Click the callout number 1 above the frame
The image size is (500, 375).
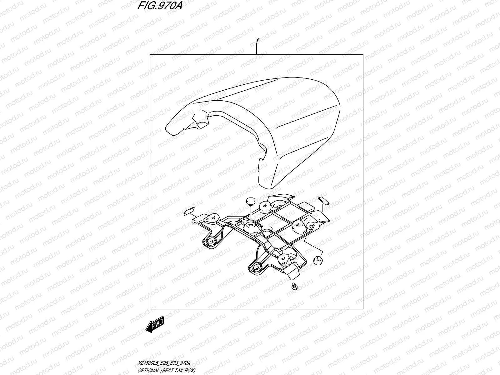(x=257, y=41)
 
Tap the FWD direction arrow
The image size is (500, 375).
(x=154, y=327)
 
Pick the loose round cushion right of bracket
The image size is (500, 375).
(x=318, y=260)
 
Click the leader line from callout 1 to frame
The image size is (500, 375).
(x=257, y=49)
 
